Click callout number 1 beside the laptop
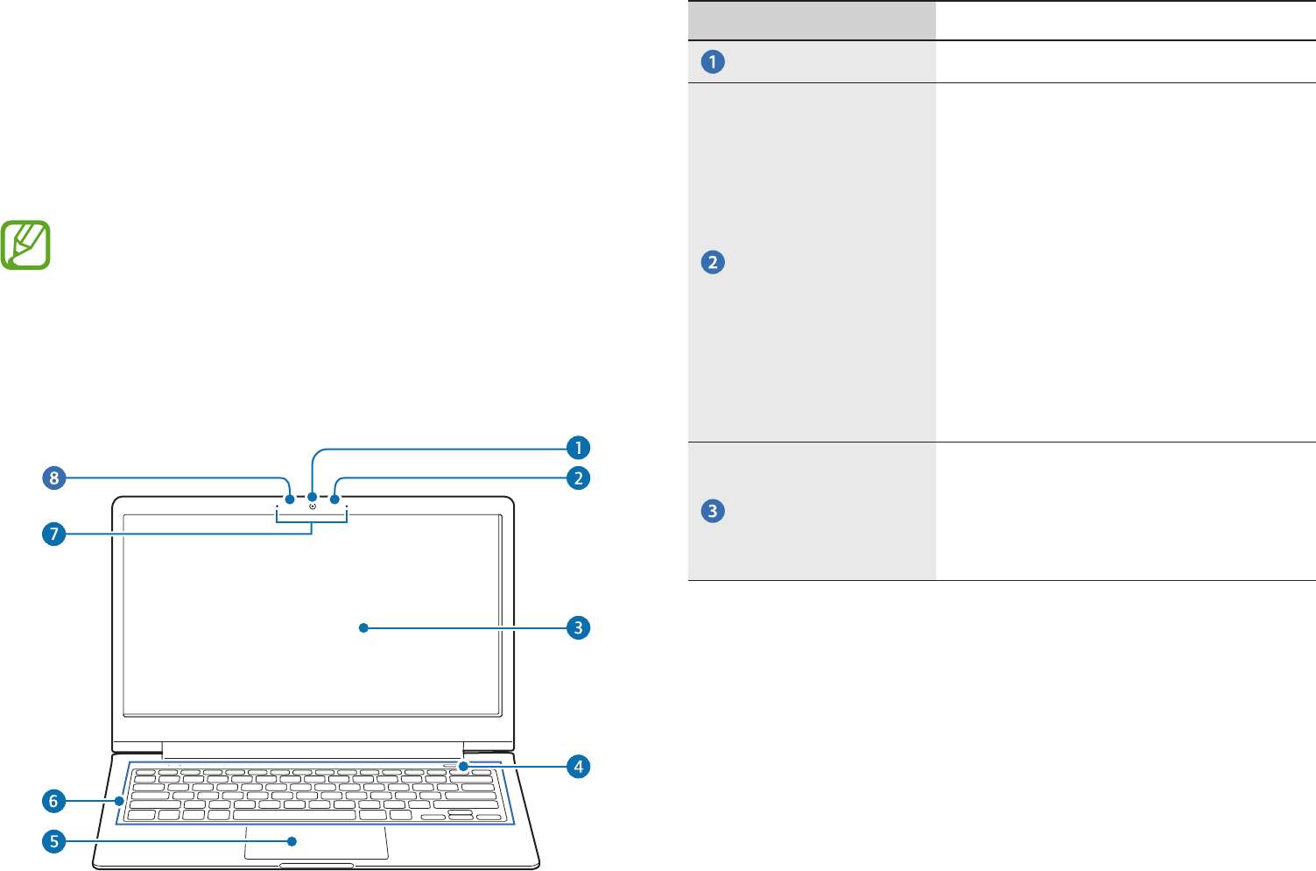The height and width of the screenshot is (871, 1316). click(x=578, y=448)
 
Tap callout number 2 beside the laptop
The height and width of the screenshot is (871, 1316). click(x=578, y=478)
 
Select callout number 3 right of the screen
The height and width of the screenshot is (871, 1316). click(x=578, y=627)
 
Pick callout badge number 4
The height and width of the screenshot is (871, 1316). click(x=578, y=766)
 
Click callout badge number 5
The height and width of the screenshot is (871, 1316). click(x=54, y=842)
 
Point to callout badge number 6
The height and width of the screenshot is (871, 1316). click(x=54, y=801)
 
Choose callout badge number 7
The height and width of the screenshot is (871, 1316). click(x=54, y=534)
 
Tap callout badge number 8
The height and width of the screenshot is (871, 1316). click(x=54, y=478)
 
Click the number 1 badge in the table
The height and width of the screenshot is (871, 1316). click(x=713, y=62)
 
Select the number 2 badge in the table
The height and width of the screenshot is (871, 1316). click(x=713, y=263)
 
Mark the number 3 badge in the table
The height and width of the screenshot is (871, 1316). click(x=713, y=511)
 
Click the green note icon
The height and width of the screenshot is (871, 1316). click(x=26, y=244)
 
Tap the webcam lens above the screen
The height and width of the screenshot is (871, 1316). click(x=313, y=506)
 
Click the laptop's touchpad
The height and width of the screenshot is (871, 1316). click(x=316, y=842)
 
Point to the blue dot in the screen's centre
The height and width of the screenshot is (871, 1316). click(x=363, y=627)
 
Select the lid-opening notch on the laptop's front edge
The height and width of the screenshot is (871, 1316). click(x=316, y=866)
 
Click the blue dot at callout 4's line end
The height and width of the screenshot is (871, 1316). click(x=461, y=766)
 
